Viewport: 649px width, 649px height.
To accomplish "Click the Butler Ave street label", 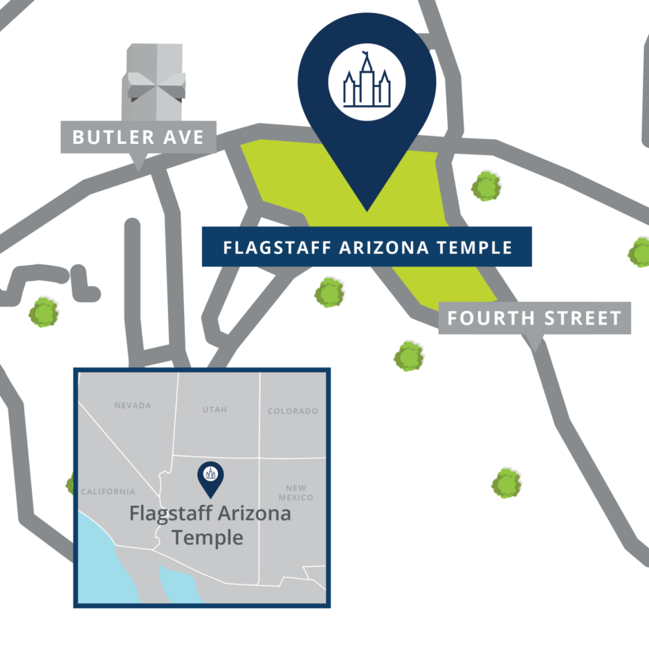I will (x=138, y=137).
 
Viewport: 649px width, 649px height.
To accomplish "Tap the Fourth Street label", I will (x=534, y=318).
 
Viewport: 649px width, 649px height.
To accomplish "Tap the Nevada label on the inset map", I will (x=133, y=405).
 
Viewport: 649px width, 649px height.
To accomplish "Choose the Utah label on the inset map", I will (x=214, y=410).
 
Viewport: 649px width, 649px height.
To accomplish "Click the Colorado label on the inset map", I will (x=293, y=411).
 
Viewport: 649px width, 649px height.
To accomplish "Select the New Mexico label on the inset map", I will (x=296, y=493).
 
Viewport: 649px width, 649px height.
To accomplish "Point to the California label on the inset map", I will (x=108, y=492).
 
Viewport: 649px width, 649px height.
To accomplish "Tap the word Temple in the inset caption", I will (x=208, y=537).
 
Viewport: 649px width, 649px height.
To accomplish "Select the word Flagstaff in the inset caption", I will (x=171, y=514).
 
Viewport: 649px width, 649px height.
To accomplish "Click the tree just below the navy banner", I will (x=329, y=292).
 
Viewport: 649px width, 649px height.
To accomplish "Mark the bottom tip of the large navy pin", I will (x=367, y=209).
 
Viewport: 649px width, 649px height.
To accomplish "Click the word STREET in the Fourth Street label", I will (x=582, y=318).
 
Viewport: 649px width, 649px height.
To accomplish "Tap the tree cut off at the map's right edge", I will (x=640, y=253).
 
